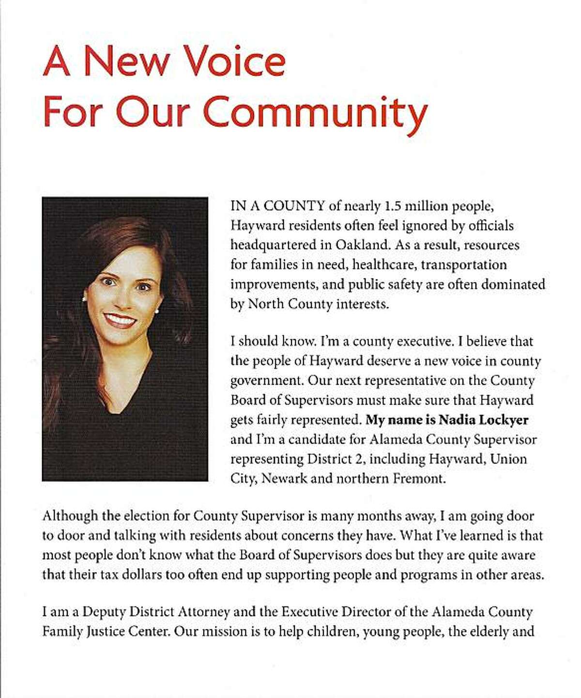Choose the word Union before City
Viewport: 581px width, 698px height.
coord(508,459)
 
